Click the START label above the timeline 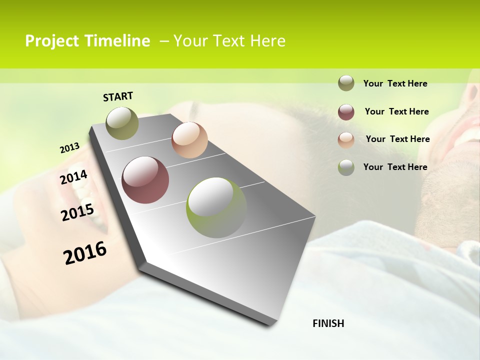tap(118, 96)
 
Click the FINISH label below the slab tap(328, 323)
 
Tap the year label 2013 tap(70, 148)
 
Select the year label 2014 tap(73, 177)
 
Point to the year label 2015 tap(77, 212)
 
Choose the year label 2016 tap(85, 252)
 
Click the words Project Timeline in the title tap(87, 41)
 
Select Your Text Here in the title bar tap(229, 41)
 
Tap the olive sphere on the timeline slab tap(122, 123)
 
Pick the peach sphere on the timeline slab tap(189, 140)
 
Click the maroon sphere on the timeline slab tap(145, 180)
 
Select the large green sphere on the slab tap(216, 207)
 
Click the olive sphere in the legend tap(346, 83)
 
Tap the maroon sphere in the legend tap(346, 112)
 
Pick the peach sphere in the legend tap(346, 140)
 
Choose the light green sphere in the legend tap(346, 167)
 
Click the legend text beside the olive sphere tap(395, 83)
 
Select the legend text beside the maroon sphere tap(396, 111)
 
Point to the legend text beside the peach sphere tap(397, 139)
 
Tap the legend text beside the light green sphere tap(395, 167)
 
